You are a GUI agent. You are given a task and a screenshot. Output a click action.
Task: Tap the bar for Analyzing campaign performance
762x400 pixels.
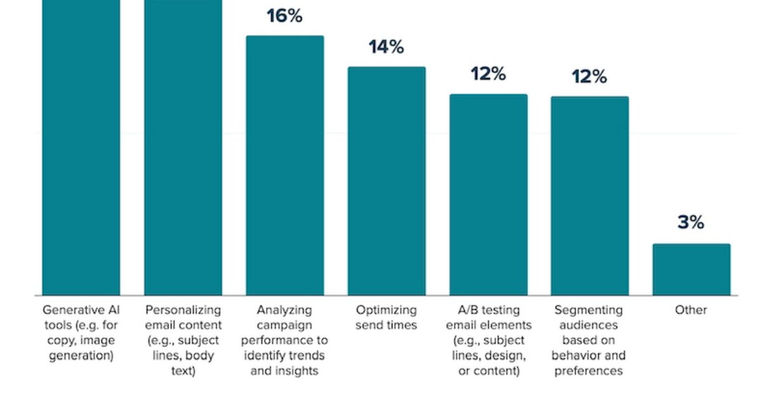point(284,165)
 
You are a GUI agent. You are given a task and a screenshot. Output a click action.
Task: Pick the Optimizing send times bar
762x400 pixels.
point(386,181)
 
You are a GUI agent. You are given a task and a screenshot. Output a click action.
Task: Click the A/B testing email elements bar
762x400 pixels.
point(488,194)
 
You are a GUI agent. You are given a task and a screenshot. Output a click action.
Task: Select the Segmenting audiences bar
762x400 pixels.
point(589,196)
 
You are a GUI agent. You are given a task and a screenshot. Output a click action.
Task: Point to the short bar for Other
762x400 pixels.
point(692,269)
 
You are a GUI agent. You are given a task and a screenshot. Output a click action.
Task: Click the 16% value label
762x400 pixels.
point(284,16)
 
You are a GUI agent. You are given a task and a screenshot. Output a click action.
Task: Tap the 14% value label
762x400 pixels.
point(386,47)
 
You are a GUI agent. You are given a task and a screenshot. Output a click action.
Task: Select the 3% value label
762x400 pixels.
point(691,222)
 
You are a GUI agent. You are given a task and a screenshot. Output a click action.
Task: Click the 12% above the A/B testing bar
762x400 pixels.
point(488,74)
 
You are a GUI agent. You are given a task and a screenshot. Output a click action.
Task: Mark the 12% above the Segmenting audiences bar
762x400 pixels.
point(589,77)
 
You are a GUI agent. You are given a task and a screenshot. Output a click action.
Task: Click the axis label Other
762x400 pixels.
point(691,310)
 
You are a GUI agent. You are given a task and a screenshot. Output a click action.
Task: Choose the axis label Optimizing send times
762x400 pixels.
point(386,317)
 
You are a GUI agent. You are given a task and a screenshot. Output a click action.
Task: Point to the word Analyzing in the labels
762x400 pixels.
point(284,310)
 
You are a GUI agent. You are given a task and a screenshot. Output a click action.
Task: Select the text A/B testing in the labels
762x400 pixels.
point(488,310)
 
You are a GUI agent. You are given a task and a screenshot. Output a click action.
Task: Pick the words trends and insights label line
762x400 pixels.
point(284,371)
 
